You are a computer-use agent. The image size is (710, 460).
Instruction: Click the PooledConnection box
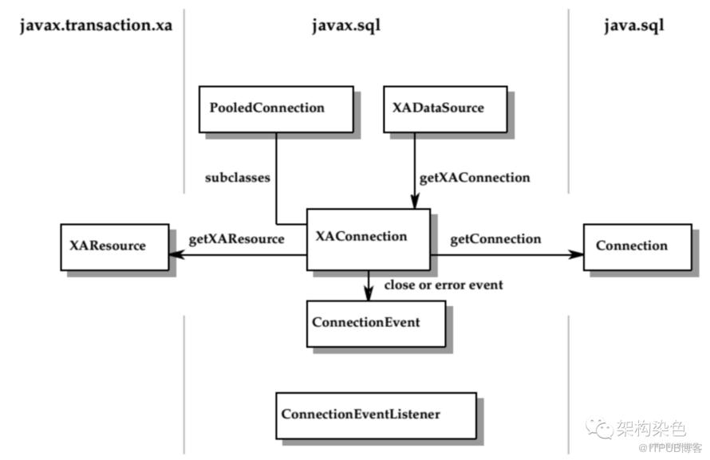click(x=276, y=109)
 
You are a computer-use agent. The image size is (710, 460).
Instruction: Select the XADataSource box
click(x=445, y=109)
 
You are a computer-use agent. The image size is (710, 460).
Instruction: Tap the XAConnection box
click(x=368, y=240)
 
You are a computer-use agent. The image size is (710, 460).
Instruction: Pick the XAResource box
click(x=115, y=247)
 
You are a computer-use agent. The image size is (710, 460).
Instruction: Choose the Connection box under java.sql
click(x=637, y=247)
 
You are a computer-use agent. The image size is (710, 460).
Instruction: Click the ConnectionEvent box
click(x=376, y=324)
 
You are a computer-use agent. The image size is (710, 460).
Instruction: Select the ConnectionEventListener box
click(x=376, y=416)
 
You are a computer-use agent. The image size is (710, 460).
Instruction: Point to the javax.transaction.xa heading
click(x=96, y=26)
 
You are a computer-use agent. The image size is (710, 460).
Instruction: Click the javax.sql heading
click(x=346, y=26)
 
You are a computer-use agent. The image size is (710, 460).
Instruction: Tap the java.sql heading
click(x=634, y=26)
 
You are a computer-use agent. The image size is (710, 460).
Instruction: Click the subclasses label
click(x=237, y=178)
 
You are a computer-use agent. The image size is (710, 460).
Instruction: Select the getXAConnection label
click(x=475, y=178)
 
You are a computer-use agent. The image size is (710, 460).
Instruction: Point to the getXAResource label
click(x=236, y=239)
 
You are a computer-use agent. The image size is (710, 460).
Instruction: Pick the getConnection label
click(x=495, y=239)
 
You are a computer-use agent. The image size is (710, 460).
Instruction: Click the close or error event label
click(x=444, y=285)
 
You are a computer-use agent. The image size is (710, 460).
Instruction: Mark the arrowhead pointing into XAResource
click(x=176, y=255)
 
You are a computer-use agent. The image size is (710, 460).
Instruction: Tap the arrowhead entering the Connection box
click(x=576, y=255)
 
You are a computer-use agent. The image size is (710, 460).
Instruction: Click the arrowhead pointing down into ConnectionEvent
click(x=369, y=293)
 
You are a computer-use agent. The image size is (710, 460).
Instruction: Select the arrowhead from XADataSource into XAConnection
click(x=415, y=201)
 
